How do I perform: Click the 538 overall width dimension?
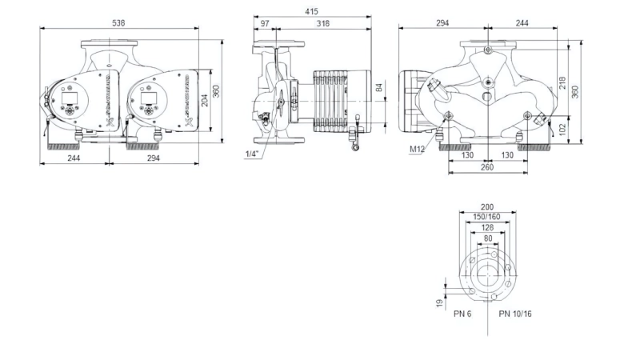pyautogui.click(x=118, y=23)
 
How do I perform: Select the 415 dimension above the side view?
pyautogui.click(x=312, y=11)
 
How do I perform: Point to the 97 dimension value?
pyautogui.click(x=265, y=23)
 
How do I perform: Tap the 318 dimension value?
pyautogui.click(x=323, y=23)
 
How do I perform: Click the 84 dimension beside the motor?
pyautogui.click(x=379, y=87)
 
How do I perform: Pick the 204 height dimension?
pyautogui.click(x=204, y=101)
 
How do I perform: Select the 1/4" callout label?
pyautogui.click(x=251, y=154)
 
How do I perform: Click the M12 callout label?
pyautogui.click(x=417, y=149)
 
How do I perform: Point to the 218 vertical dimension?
pyautogui.click(x=562, y=82)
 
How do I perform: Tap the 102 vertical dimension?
pyautogui.click(x=562, y=130)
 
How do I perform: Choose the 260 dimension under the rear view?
pyautogui.click(x=487, y=167)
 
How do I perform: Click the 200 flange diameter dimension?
pyautogui.click(x=487, y=207)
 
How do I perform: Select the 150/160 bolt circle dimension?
pyautogui.click(x=486, y=217)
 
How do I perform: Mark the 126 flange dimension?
pyautogui.click(x=487, y=227)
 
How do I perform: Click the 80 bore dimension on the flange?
pyautogui.click(x=488, y=238)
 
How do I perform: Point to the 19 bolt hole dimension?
pyautogui.click(x=440, y=303)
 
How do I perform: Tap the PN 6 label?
pyautogui.click(x=462, y=314)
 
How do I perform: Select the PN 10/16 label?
pyautogui.click(x=515, y=314)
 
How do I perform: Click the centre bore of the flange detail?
pyautogui.click(x=487, y=275)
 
